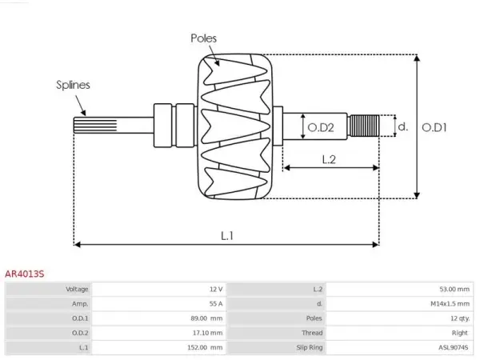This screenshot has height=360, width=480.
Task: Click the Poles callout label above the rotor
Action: coord(203,38)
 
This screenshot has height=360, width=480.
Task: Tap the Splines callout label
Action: coord(73,85)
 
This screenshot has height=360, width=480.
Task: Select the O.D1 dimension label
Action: coord(434,127)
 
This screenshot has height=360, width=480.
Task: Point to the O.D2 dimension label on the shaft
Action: coord(321,127)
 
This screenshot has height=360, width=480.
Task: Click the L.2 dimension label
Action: coord(329,159)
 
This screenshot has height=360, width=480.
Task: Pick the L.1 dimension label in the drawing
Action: coord(227,236)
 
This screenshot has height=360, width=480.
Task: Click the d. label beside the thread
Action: coord(403,126)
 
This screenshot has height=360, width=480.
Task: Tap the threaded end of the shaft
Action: coord(364,126)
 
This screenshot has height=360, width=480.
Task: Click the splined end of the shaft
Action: coord(95,126)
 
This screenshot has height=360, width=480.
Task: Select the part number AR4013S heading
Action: coord(25,274)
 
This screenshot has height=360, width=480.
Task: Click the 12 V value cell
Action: coord(216,290)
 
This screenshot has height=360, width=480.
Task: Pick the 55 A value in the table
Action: coord(216,304)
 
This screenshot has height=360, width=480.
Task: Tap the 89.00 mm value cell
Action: coord(206,318)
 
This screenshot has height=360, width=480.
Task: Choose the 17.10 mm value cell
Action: coord(207,333)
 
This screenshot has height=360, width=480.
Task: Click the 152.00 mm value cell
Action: coord(205,347)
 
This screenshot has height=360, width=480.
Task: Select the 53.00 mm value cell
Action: coord(454,290)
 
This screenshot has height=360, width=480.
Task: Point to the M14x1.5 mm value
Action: coord(450,304)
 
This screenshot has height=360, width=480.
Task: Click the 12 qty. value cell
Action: coord(460,318)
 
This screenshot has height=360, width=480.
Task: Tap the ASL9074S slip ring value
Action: coord(453,347)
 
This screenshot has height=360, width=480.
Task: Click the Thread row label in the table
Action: coord(312,333)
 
